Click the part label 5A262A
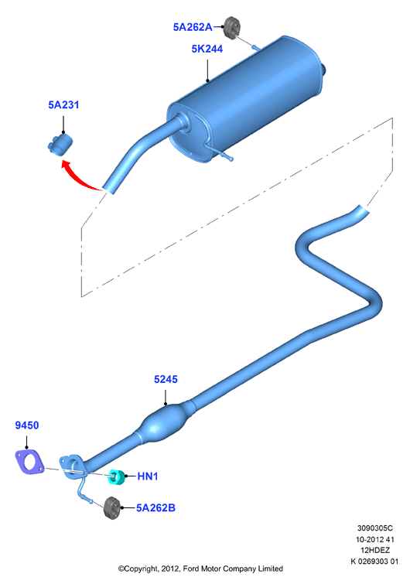click(193, 27)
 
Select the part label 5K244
click(207, 49)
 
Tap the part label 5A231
click(63, 105)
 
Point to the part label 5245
click(166, 379)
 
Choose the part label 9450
click(27, 425)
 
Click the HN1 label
click(148, 476)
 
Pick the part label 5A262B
click(155, 508)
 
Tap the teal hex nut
click(117, 477)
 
